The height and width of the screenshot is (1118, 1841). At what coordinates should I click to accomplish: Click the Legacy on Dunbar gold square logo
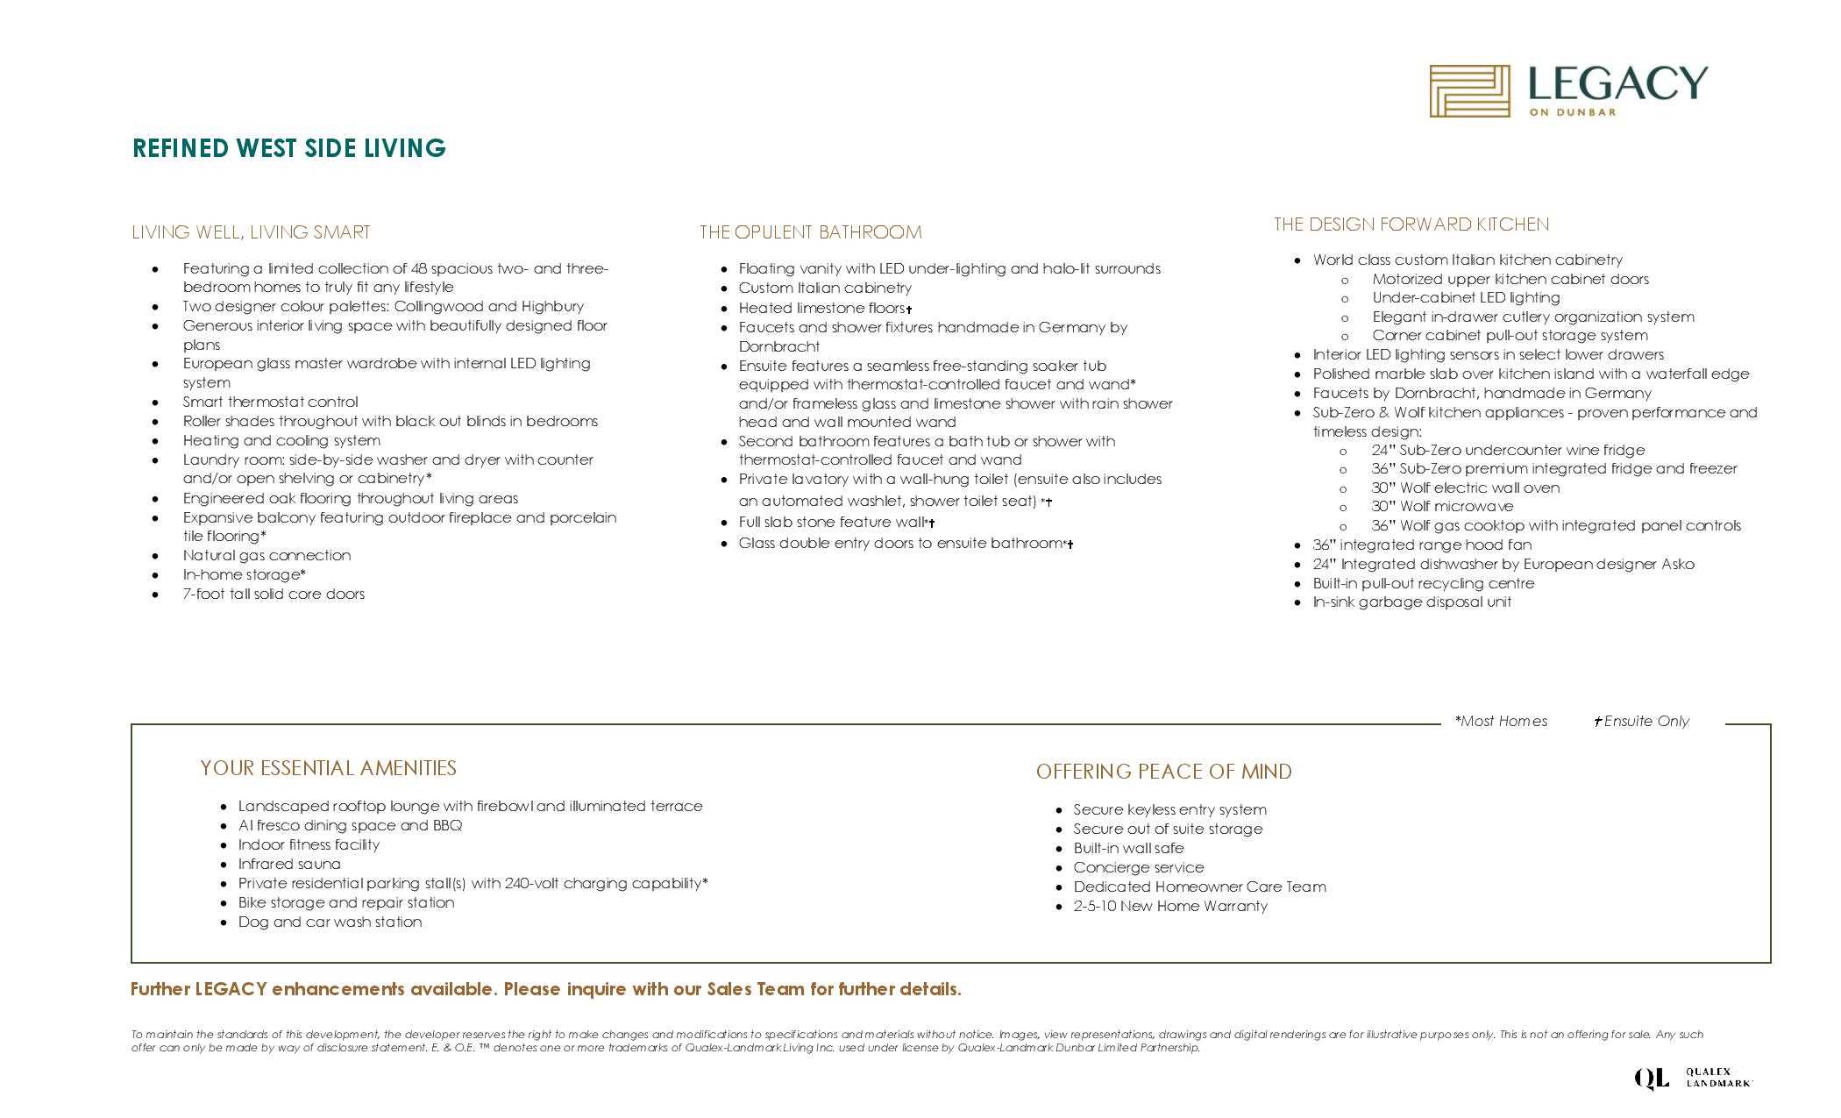coord(1469,90)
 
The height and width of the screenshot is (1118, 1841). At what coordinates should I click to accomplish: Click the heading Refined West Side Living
coord(289,148)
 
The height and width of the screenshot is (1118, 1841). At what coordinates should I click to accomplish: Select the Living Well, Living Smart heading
coord(251,232)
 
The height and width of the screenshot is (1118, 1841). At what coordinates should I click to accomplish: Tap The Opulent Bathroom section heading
coord(810,232)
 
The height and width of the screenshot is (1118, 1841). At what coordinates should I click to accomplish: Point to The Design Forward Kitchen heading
coord(1411,224)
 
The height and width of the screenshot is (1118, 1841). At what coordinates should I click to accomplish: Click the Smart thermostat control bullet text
coord(270,402)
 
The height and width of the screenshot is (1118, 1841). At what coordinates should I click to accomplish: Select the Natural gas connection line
coord(267,555)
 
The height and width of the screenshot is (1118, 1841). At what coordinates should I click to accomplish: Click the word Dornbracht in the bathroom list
coord(778,346)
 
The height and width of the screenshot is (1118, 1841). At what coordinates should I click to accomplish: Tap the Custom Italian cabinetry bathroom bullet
coord(824,288)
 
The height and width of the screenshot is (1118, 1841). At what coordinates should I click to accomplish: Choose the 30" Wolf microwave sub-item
coord(1442,506)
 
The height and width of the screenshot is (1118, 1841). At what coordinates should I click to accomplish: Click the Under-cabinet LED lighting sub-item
coord(1466,297)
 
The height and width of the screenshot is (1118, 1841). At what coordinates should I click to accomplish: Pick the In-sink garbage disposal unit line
coord(1411,602)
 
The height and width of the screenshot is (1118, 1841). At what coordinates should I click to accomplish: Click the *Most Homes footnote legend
coord(1501,721)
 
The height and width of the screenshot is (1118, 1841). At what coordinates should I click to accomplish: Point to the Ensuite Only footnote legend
coord(1642,721)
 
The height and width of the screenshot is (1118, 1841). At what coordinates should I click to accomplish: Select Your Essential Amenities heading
coord(328,768)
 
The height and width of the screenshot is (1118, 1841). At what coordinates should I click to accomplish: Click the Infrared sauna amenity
coord(289,864)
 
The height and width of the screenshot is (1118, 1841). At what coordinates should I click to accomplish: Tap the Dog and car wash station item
coord(330,922)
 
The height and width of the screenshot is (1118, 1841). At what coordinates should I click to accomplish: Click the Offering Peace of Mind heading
coord(1163,772)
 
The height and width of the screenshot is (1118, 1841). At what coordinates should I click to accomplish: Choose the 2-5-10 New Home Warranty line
coord(1170,906)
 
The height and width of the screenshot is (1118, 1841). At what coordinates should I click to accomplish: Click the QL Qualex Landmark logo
coord(1692,1078)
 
